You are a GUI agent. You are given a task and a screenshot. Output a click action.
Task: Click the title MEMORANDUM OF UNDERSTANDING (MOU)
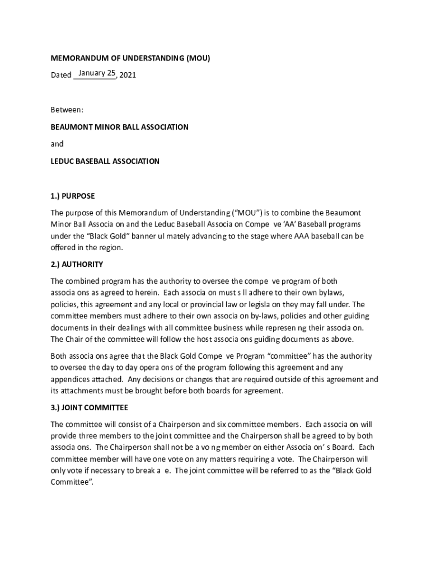[130, 58]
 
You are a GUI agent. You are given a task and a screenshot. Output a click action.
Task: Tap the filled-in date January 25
[97, 73]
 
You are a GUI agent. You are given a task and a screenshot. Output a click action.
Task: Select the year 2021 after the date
[128, 75]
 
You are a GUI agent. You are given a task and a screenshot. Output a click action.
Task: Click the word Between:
[67, 110]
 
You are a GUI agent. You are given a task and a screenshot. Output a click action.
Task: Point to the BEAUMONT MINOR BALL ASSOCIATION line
[120, 127]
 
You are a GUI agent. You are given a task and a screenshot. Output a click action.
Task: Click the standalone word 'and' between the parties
[57, 144]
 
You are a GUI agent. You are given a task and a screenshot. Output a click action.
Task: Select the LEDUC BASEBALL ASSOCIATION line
[105, 161]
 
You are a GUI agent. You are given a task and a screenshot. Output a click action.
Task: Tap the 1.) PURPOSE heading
[73, 196]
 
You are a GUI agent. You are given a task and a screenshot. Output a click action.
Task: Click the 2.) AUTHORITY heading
[77, 264]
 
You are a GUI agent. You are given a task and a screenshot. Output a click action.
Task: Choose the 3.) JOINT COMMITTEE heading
[90, 407]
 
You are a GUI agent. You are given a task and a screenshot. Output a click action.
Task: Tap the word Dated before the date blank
[61, 75]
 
